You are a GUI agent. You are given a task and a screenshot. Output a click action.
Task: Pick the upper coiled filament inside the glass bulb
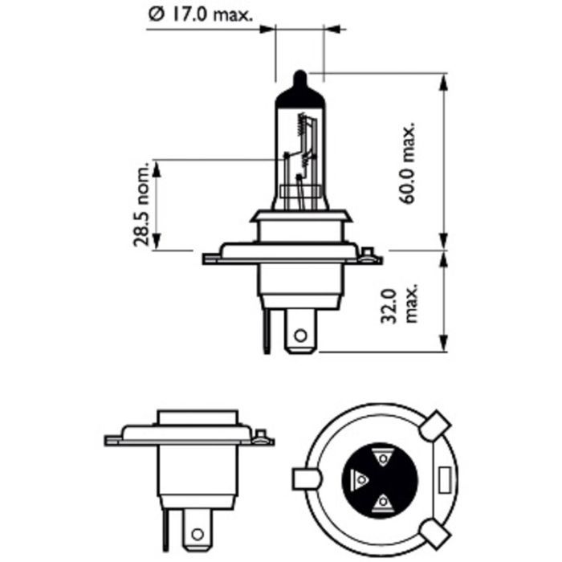pyautogui.click(x=303, y=124)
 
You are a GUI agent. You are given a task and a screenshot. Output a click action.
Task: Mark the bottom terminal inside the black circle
pyautogui.click(x=384, y=503)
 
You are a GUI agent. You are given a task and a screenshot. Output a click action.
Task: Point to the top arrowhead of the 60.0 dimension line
pyautogui.click(x=442, y=78)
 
